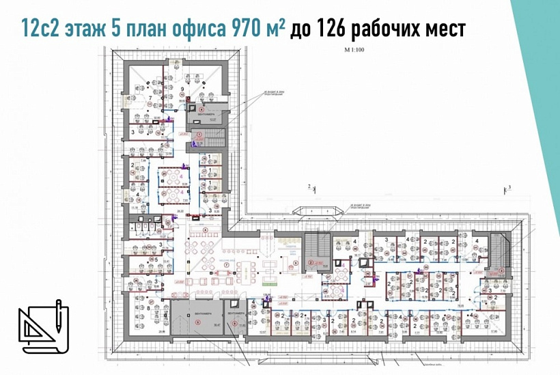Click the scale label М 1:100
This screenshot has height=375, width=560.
click(x=357, y=51)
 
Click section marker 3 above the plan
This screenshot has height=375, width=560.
click(x=509, y=185)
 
